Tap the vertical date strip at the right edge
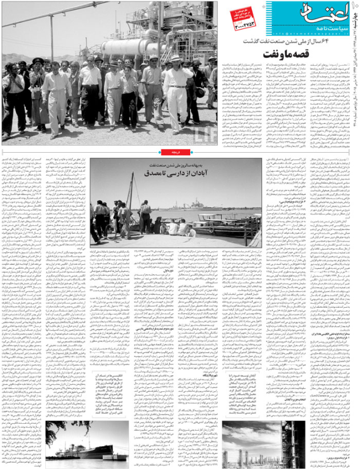tap(355, 74)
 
